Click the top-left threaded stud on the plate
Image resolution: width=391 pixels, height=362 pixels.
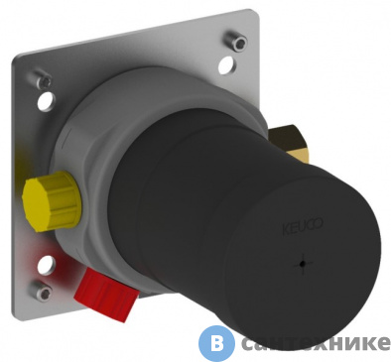[x=42, y=75]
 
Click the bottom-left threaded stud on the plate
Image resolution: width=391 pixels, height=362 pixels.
[x=39, y=289]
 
